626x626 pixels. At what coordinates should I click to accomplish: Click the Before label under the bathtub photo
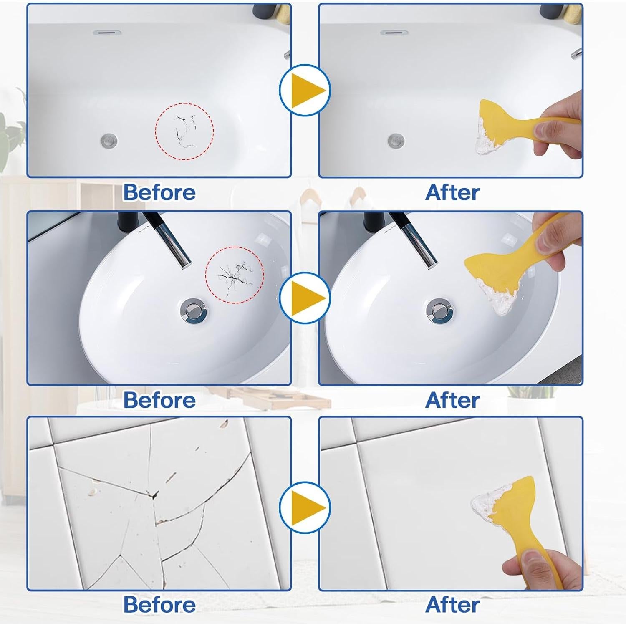coord(159,192)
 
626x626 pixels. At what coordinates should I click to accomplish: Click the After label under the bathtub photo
coord(452,192)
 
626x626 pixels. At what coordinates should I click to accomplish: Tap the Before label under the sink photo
coord(159,400)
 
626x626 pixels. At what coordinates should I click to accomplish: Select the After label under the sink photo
coord(452,400)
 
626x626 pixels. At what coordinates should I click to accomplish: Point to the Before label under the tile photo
coord(159,605)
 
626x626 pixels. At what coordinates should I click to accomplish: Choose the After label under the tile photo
coord(452,605)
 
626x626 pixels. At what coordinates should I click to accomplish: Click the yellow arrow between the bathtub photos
coord(307,90)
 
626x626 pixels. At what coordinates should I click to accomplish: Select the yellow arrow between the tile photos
coord(307,507)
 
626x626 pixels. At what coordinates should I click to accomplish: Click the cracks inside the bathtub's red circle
coord(184,131)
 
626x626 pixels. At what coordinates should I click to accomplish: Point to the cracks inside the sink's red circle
coord(234,275)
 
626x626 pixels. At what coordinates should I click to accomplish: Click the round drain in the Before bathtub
coord(109,140)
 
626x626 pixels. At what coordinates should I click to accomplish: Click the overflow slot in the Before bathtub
coord(107,32)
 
